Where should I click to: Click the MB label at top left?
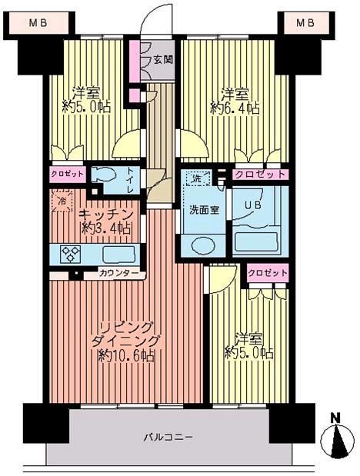click(38, 23)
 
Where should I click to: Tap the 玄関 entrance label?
click(162, 58)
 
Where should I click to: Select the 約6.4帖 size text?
click(235, 108)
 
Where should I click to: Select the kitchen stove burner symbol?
click(71, 253)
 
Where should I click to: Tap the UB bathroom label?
click(252, 205)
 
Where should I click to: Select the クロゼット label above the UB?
click(261, 175)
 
